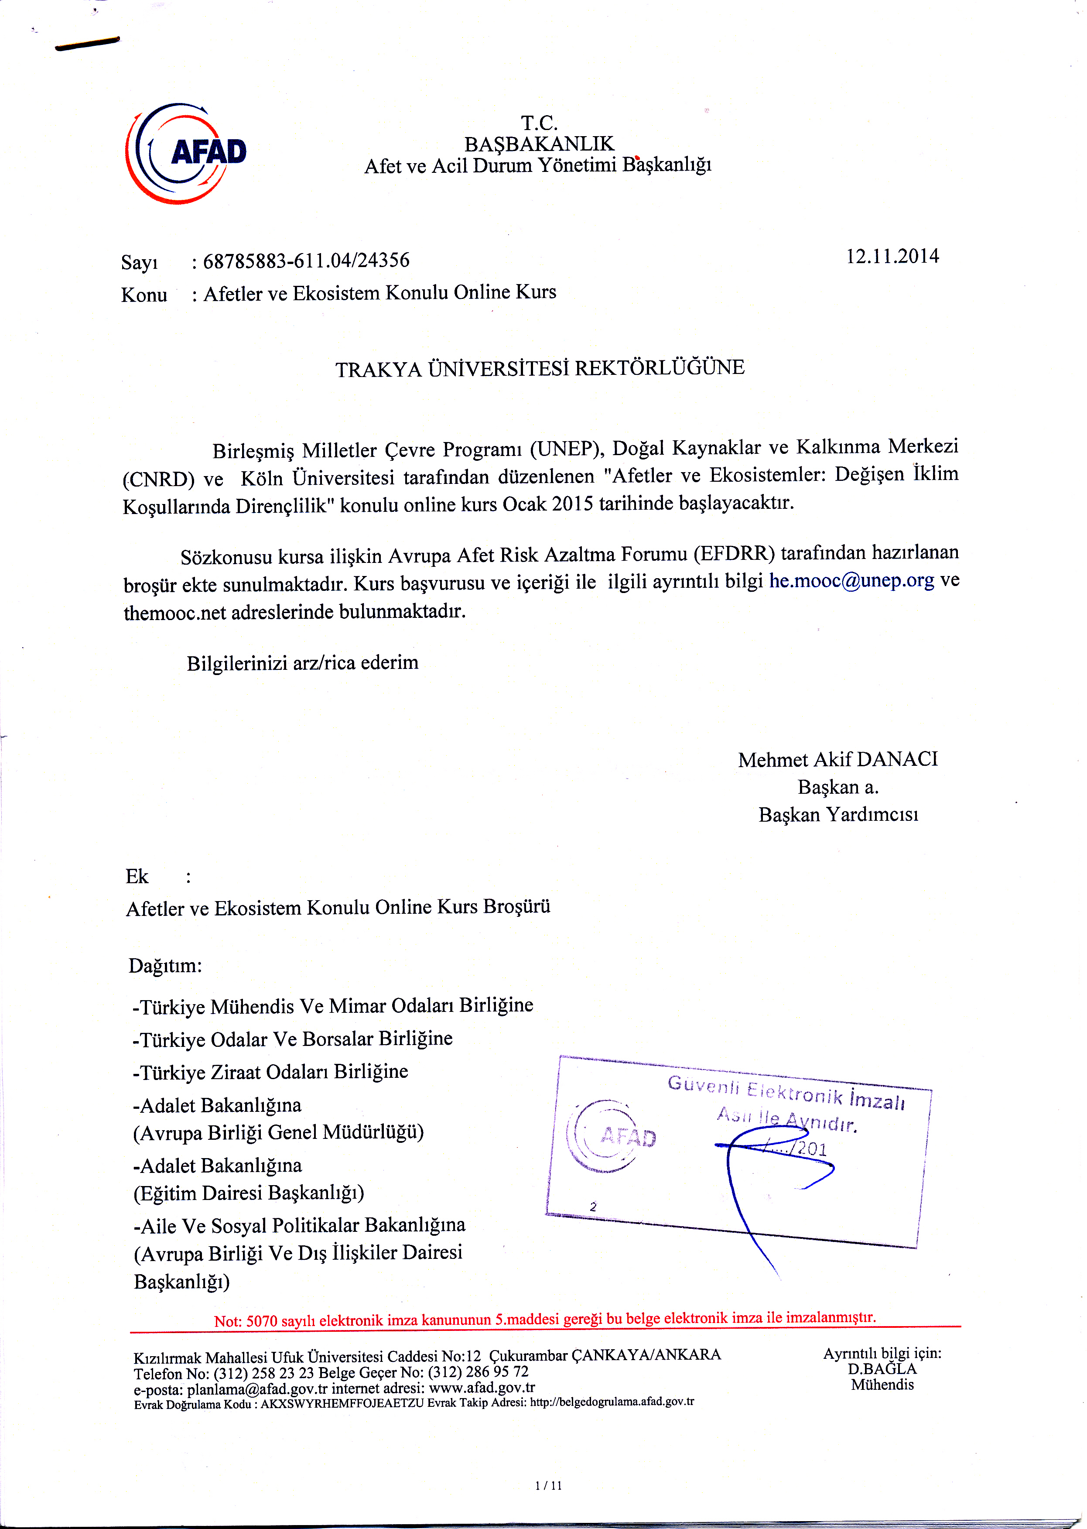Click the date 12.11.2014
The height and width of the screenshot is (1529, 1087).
click(x=892, y=257)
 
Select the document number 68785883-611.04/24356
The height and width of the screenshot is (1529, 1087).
click(x=306, y=261)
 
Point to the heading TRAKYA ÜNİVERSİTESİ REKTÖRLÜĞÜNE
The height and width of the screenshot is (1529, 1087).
click(x=540, y=368)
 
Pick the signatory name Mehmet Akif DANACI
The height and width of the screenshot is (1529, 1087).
click(x=837, y=759)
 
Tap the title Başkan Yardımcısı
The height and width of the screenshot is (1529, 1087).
click(x=838, y=815)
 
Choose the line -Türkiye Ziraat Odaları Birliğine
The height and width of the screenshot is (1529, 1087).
click(x=270, y=1072)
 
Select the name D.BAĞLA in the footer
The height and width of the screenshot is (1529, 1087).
click(x=882, y=1369)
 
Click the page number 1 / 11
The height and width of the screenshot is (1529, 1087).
click(x=548, y=1485)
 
